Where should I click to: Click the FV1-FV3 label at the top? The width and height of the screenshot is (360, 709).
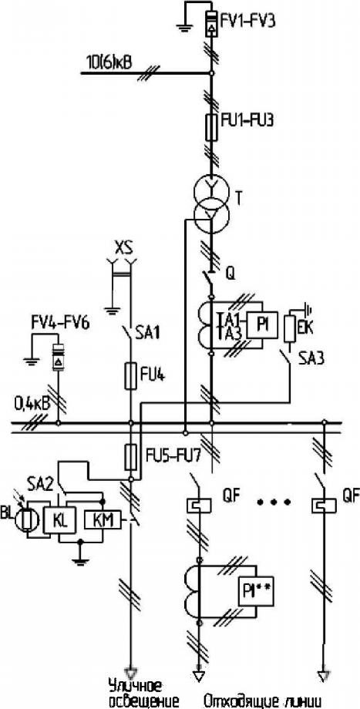point(245,22)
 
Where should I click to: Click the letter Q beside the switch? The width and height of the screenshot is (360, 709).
point(230,273)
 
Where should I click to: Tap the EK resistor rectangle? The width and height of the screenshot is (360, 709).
point(290,331)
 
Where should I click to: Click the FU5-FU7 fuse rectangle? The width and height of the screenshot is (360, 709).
point(131,457)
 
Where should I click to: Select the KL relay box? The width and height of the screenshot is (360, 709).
point(59,520)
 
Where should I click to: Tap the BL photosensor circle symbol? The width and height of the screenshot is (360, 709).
point(28,520)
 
